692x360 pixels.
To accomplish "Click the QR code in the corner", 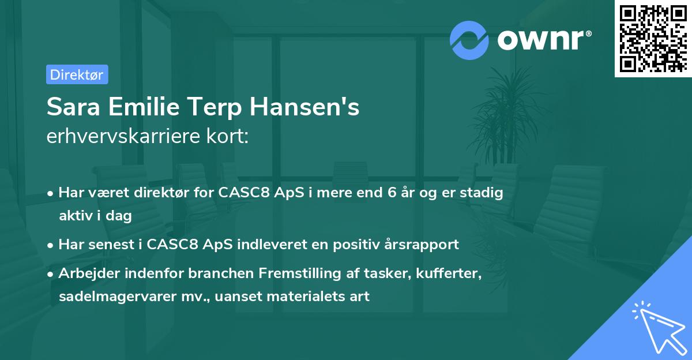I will [652, 38].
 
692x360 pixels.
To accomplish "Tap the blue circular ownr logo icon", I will [469, 39].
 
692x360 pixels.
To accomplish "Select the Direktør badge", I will [77, 75].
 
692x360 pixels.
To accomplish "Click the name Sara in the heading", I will [70, 108].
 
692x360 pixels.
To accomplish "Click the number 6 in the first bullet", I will [392, 193].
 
